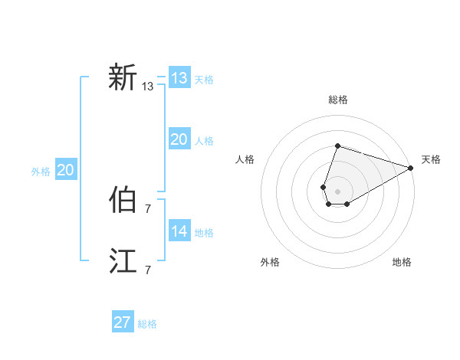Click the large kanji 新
123,77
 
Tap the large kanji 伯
123,200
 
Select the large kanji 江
123,261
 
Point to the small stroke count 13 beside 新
148,87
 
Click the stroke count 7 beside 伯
148,208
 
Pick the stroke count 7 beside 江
148,270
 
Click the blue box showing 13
179,78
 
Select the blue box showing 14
179,231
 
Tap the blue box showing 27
123,322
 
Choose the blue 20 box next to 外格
65,170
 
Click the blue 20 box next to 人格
179,139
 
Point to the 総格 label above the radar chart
338,100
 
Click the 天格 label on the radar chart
431,159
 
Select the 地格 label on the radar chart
402,262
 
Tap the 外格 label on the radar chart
270,262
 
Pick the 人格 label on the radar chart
245,159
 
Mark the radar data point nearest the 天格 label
411,168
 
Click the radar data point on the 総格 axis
337,146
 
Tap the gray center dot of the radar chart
337,191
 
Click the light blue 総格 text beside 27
147,324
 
